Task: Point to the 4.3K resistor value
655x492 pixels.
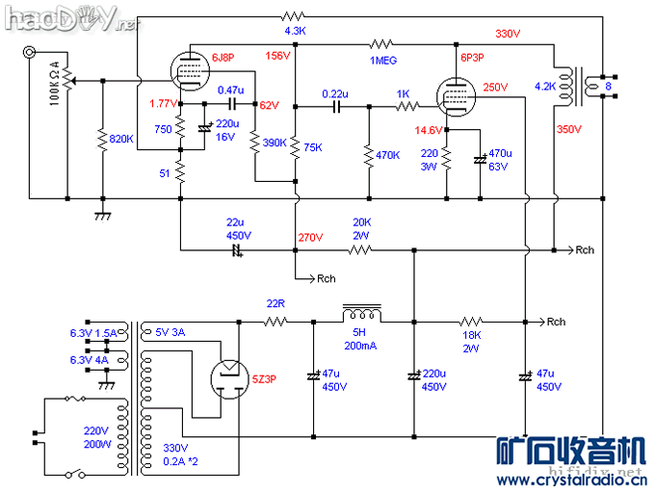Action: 296,31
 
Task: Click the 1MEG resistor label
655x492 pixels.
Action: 381,61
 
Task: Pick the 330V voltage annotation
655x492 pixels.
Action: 508,34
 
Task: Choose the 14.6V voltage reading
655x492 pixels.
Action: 429,130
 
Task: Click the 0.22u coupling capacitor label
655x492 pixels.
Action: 335,93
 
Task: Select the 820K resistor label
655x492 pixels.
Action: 121,140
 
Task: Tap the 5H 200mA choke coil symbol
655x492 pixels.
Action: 362,315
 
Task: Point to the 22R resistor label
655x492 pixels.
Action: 275,304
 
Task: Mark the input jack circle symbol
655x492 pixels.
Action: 32,56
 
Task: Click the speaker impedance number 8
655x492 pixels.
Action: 607,88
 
